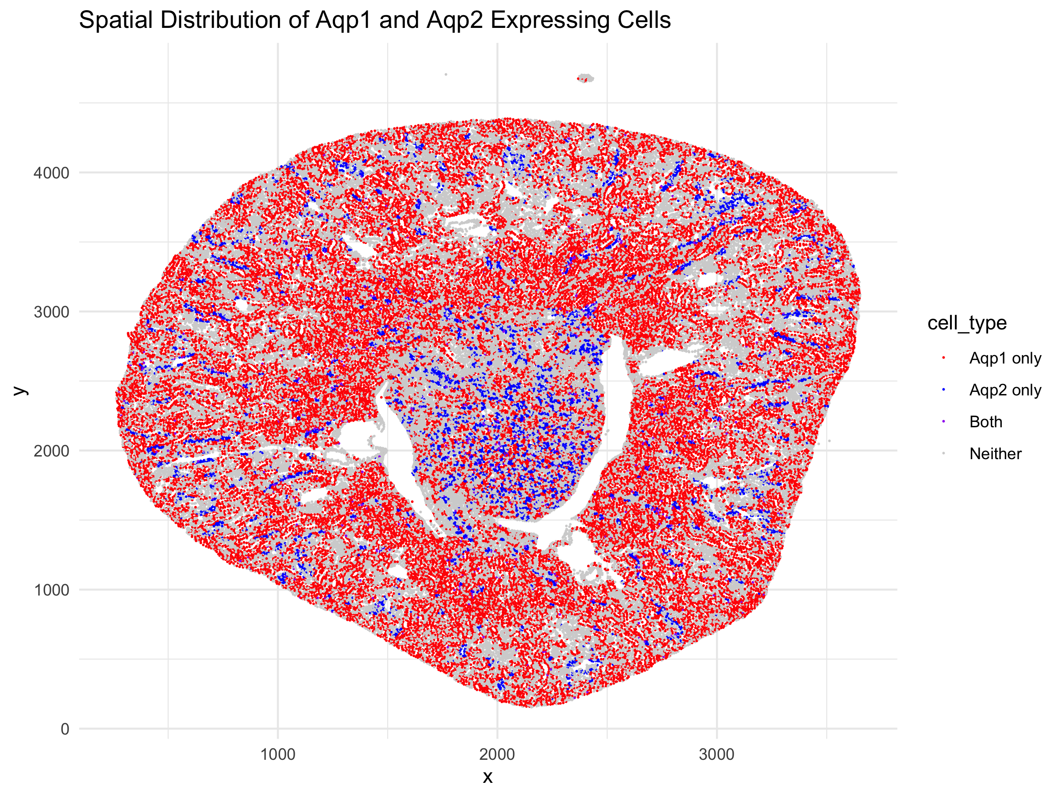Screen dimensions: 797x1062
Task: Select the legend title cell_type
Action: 966,323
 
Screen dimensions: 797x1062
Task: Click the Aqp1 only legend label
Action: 1005,358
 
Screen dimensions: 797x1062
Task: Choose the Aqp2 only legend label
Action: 1005,390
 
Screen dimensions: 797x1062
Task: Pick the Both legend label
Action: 985,422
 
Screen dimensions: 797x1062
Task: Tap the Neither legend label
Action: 995,453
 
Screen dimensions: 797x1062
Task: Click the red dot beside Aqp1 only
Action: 943,358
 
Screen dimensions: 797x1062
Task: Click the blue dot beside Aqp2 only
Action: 943,390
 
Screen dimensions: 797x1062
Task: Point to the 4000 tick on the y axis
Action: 51,173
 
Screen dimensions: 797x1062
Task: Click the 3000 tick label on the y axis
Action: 51,312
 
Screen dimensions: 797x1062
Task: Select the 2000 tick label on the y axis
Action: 51,451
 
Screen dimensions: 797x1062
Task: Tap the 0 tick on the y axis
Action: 65,729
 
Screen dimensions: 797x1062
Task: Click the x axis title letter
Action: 487,777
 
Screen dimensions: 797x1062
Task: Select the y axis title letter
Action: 20,390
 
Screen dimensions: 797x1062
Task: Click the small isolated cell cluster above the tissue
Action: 585,78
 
